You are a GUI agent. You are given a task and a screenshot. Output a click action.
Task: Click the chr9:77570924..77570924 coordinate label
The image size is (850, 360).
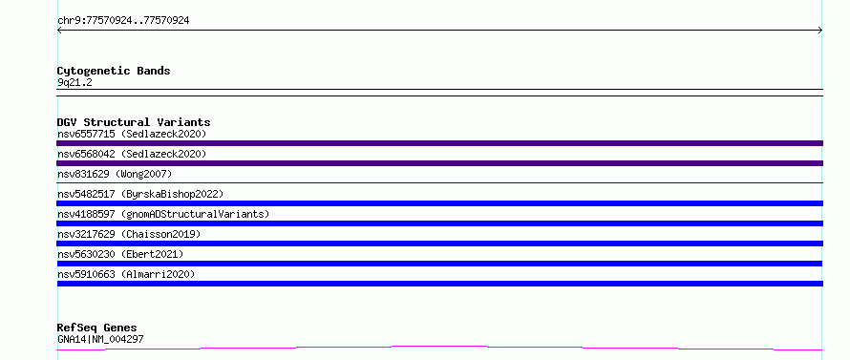click(x=123, y=21)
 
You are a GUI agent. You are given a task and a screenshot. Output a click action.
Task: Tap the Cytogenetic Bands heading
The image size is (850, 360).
click(x=114, y=71)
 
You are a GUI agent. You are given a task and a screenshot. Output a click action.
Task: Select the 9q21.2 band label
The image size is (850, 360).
click(x=74, y=83)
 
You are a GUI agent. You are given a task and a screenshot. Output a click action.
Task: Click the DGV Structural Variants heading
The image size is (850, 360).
click(x=134, y=122)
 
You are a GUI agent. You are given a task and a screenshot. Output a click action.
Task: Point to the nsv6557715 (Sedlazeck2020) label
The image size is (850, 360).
click(x=132, y=134)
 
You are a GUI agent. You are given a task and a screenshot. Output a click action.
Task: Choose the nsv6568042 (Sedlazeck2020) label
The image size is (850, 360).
click(x=132, y=154)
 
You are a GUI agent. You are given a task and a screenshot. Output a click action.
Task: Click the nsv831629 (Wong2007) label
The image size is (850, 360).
click(x=115, y=174)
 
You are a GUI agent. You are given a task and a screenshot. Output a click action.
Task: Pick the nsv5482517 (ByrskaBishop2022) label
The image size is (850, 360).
click(x=140, y=194)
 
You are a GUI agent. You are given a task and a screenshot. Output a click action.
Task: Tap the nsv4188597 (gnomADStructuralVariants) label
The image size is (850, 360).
click(x=163, y=214)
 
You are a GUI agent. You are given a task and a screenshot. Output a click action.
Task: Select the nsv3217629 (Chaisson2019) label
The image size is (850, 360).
click(x=129, y=234)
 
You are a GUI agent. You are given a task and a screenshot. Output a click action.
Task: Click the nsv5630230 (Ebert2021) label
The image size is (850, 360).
click(x=120, y=254)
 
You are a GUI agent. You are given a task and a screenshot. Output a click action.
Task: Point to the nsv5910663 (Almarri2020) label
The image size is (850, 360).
click(x=126, y=274)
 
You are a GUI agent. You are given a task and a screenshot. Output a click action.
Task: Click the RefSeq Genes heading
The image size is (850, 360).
click(x=97, y=328)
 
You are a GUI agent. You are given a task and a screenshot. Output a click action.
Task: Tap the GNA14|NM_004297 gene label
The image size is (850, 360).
click(x=100, y=339)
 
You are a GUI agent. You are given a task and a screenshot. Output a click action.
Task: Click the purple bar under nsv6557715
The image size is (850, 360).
click(x=439, y=143)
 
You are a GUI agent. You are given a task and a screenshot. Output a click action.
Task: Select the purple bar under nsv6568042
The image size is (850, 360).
click(x=439, y=163)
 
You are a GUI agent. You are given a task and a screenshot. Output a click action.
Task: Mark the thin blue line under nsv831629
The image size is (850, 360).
click(x=439, y=182)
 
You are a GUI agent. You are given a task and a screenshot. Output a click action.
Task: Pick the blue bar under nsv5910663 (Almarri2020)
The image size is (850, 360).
click(x=439, y=284)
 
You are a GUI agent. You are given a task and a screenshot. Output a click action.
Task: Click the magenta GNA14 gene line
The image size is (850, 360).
click(x=439, y=348)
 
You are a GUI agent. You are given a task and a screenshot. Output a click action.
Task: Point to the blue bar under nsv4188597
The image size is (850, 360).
click(x=439, y=223)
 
